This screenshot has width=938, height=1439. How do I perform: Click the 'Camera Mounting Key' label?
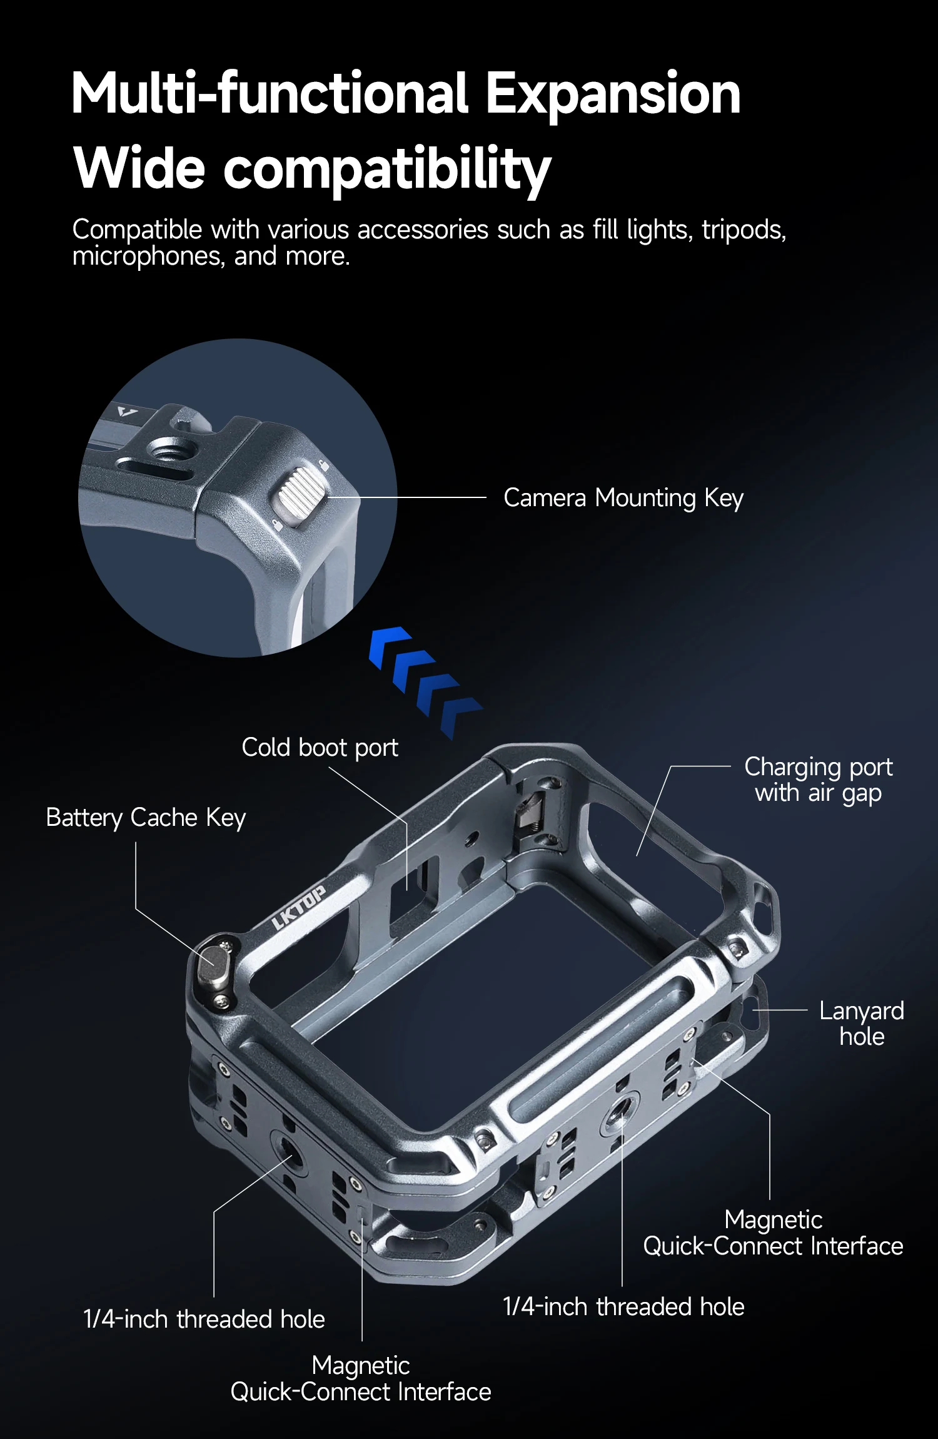[x=623, y=498]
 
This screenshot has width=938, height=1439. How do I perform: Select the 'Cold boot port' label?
[x=320, y=747]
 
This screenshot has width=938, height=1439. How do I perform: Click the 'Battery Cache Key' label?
[x=146, y=817]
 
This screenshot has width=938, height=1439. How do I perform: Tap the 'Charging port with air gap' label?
[x=818, y=780]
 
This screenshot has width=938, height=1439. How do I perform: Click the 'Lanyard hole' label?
[x=861, y=1024]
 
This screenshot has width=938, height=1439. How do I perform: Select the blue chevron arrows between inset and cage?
[x=424, y=682]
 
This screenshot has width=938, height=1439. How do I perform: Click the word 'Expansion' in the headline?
[x=613, y=94]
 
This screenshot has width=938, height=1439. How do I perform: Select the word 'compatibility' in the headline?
[x=387, y=169]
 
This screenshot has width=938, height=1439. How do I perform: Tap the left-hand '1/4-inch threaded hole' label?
[x=204, y=1319]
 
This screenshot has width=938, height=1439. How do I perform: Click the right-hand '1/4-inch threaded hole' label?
[x=623, y=1306]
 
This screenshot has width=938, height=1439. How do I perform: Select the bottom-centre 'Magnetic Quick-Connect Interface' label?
[x=361, y=1378]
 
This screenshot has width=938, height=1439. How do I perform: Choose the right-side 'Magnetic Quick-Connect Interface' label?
[x=773, y=1233]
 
